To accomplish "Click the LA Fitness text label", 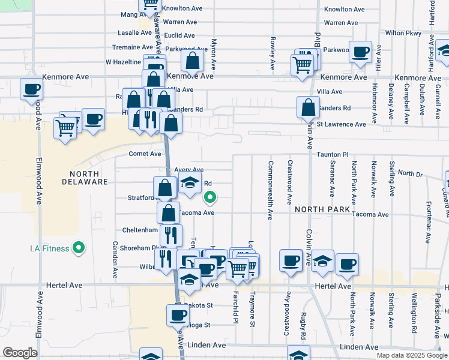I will pos(49,248).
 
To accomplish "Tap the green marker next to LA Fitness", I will pos(77,247).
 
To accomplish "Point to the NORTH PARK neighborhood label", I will pos(322,209).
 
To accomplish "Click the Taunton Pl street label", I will pos(333,154).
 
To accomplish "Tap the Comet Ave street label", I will pos(145,154).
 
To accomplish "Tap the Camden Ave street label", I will pos(115,260).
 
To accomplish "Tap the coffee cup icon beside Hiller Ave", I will pos(360,52).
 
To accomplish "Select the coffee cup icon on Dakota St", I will pos(178,315).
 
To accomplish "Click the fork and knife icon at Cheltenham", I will pos(171,235).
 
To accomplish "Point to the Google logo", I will pos(20,353).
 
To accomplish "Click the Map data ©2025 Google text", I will pos(412,355).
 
